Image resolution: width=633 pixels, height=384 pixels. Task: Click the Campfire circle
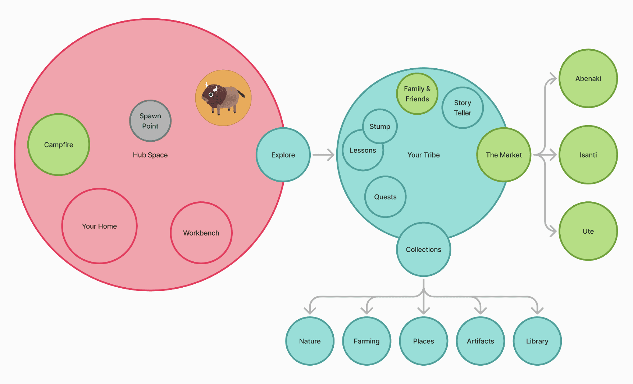(59, 145)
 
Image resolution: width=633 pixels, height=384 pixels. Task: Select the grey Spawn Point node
(150, 121)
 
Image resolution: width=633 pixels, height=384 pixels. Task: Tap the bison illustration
(223, 98)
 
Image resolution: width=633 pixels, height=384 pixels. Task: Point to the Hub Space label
(150, 155)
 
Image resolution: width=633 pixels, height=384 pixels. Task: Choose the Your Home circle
(99, 226)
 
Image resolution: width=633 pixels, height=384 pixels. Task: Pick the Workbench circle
(201, 233)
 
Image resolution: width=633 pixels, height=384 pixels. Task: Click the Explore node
(283, 155)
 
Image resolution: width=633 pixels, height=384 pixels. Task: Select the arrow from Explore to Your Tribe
(323, 155)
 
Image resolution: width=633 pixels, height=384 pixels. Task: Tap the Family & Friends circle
(417, 94)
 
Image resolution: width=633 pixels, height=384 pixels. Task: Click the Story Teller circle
(463, 108)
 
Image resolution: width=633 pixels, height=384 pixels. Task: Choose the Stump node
(380, 127)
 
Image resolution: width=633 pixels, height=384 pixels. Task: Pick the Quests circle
(385, 197)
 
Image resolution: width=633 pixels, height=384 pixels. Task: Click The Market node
(504, 155)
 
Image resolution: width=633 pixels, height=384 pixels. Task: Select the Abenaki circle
(588, 78)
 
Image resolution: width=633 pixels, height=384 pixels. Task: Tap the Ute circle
(588, 231)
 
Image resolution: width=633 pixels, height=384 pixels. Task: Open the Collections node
(423, 250)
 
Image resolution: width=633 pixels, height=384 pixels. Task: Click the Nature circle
(310, 341)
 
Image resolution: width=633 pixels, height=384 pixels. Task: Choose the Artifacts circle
(480, 341)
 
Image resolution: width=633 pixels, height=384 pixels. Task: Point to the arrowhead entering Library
(537, 310)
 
